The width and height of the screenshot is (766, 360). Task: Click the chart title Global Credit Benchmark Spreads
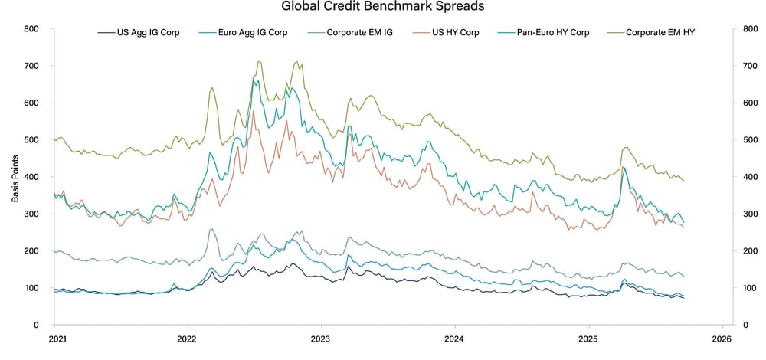382,8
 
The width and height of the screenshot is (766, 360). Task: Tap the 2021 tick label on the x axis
56,338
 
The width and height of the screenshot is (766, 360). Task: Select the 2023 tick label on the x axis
321,338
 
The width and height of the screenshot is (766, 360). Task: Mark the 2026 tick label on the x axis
722,338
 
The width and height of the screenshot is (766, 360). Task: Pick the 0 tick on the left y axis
37,325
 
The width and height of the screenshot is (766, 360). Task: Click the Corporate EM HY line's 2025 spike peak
626,147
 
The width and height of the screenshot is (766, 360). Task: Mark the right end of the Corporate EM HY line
683,181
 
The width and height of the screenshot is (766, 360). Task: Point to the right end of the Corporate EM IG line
683,276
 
